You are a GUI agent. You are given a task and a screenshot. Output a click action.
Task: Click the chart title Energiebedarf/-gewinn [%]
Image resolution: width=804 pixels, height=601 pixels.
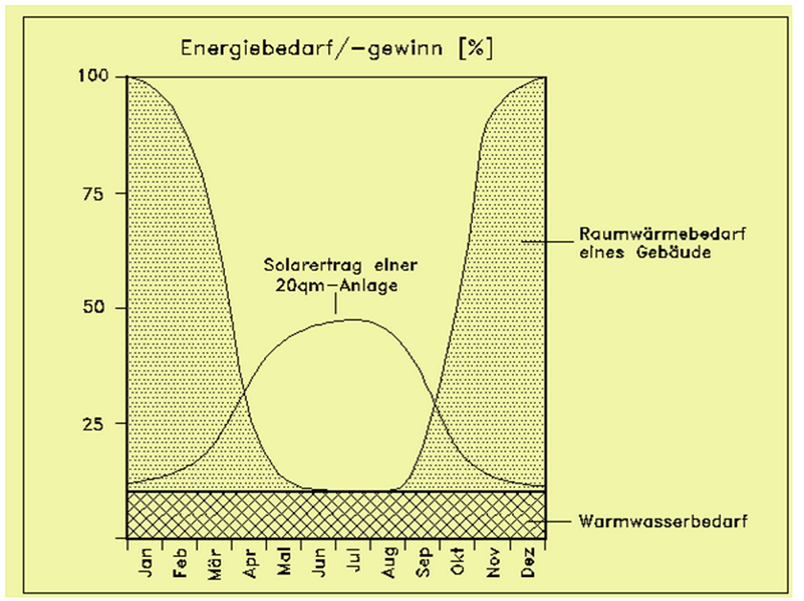click(x=331, y=47)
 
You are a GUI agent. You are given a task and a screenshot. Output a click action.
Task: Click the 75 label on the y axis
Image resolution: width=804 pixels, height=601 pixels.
click(x=100, y=193)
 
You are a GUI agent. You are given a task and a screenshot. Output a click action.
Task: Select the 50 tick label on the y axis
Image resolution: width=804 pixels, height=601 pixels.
click(x=100, y=308)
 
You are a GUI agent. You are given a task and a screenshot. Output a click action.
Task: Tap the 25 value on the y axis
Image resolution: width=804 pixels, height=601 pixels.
click(x=100, y=423)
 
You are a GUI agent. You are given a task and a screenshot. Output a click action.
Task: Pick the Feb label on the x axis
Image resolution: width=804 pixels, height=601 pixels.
click(x=180, y=565)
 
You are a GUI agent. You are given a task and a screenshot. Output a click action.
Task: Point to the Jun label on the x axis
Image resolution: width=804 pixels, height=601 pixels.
click(x=320, y=565)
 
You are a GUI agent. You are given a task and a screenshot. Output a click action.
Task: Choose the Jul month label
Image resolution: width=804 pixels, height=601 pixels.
click(x=354, y=565)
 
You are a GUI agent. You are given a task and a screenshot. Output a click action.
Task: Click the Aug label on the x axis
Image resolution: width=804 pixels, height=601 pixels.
click(x=389, y=565)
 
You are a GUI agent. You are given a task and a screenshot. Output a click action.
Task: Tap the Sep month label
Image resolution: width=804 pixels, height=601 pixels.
click(x=424, y=565)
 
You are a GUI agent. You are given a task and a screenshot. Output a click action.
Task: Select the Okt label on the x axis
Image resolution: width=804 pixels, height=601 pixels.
click(x=458, y=565)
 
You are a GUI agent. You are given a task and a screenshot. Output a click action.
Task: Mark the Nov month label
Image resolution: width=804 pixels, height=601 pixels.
click(x=493, y=565)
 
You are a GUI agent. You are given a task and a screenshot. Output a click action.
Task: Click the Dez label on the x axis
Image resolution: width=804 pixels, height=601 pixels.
click(x=528, y=565)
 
